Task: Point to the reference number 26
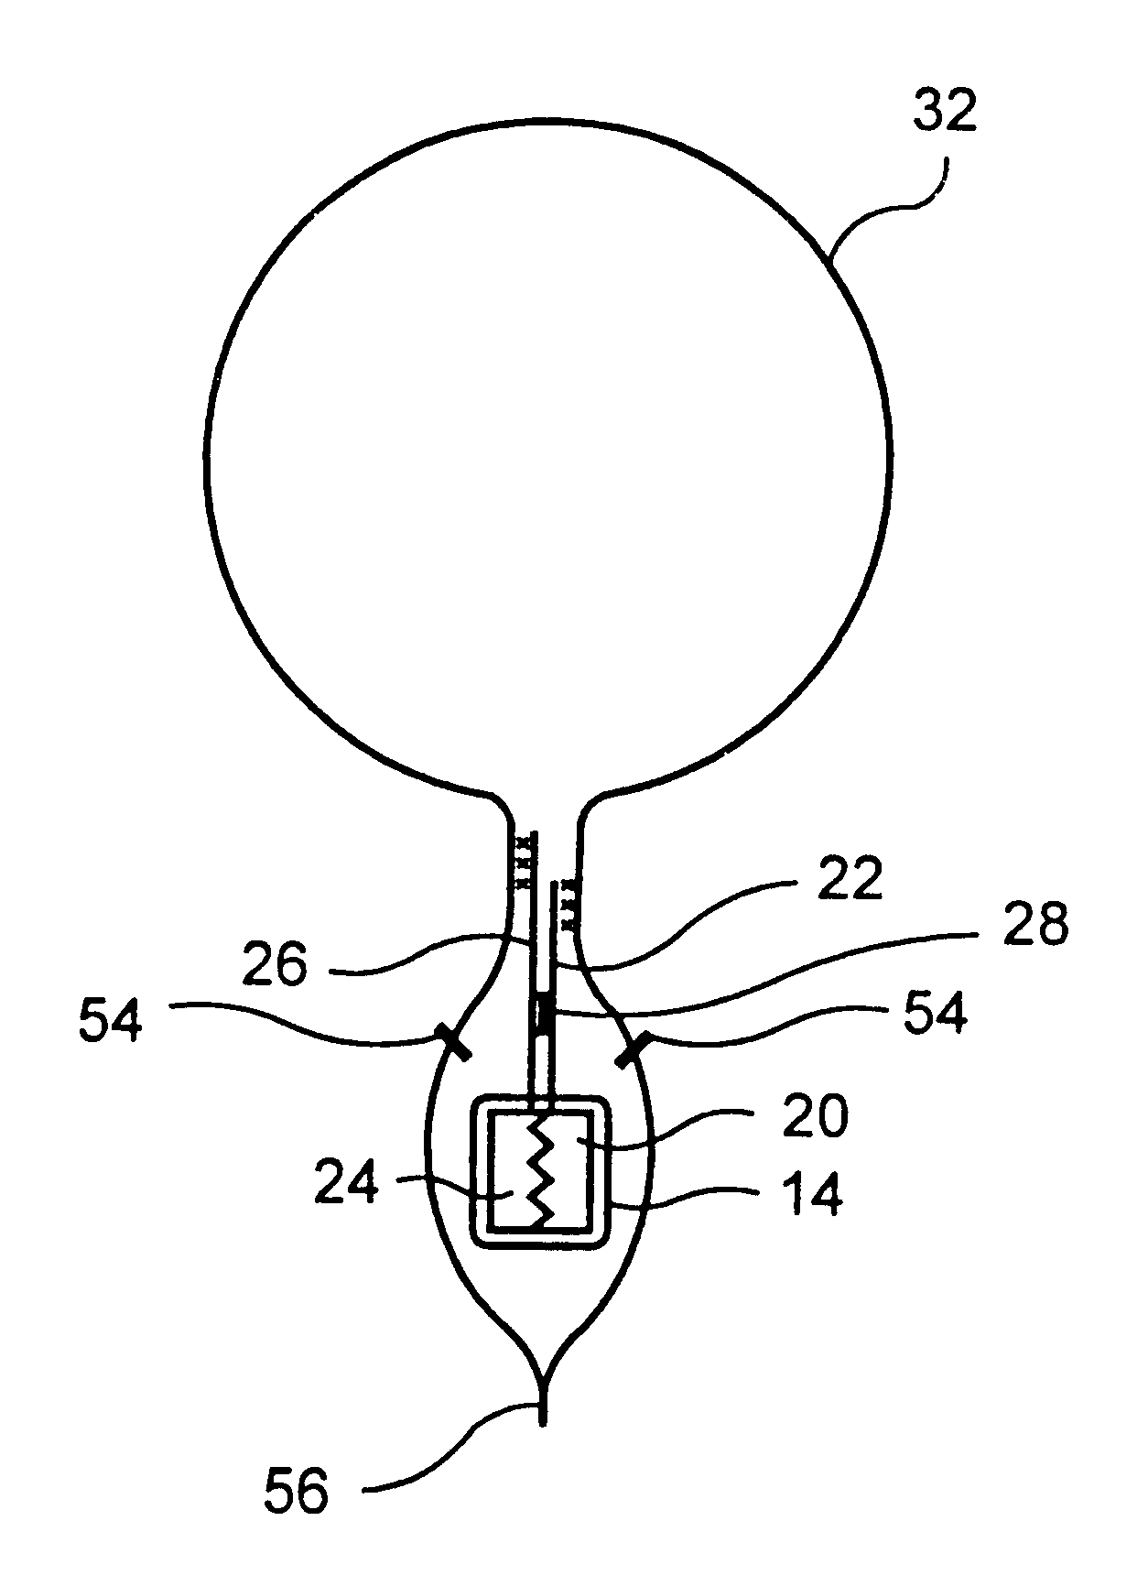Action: pos(276,965)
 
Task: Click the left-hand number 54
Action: pos(110,1020)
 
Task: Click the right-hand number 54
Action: pos(935,1015)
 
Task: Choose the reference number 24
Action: pos(346,1182)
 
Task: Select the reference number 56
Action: pos(296,1494)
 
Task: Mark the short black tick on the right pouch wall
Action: pos(633,1048)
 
